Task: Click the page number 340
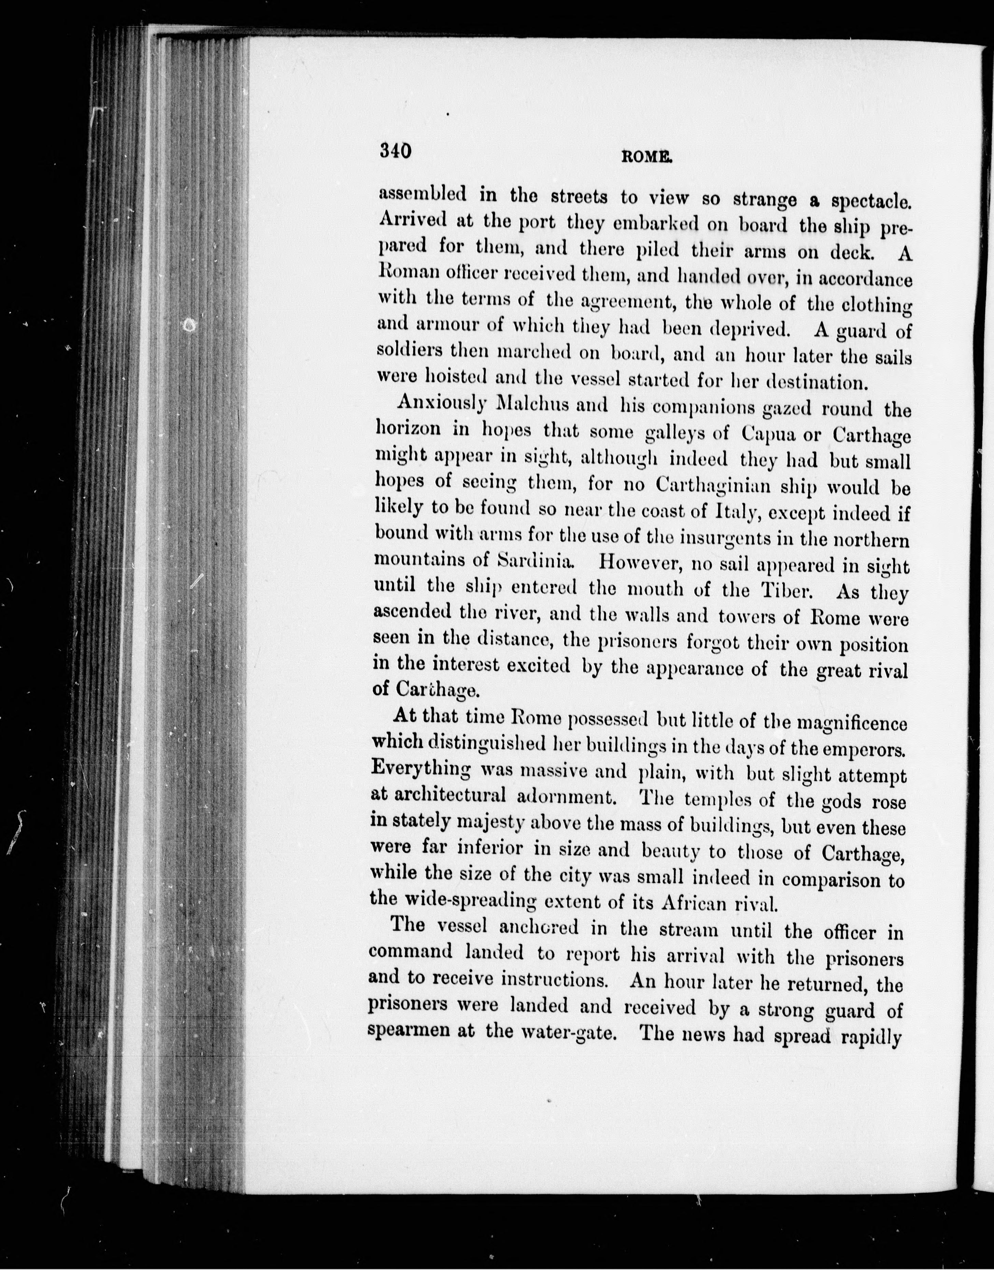pyautogui.click(x=396, y=151)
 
